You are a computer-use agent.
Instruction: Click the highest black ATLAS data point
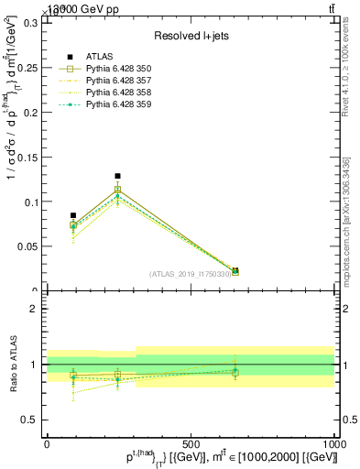(117, 176)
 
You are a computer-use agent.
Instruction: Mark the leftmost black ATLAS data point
(73, 215)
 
